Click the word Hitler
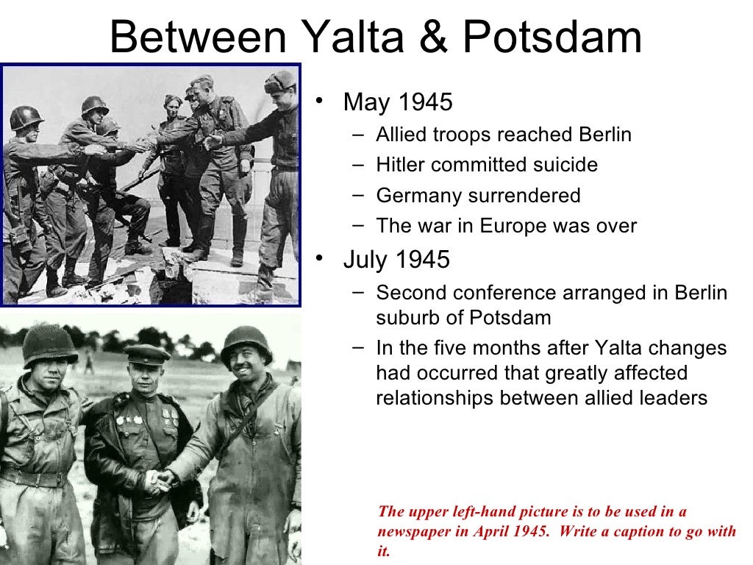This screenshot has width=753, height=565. (x=400, y=165)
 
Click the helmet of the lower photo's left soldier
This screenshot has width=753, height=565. (x=49, y=343)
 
